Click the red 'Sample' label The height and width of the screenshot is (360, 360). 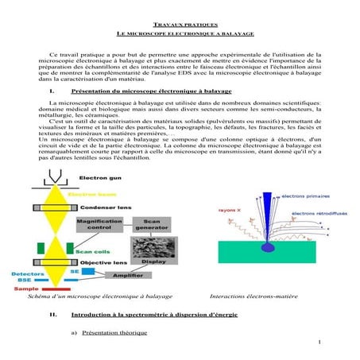[26, 289]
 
